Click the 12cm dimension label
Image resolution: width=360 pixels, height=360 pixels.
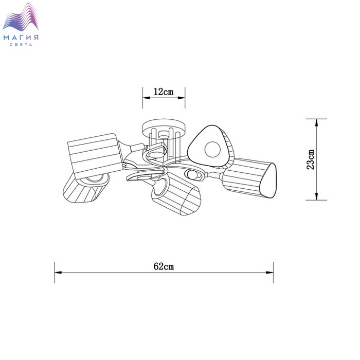[164, 92]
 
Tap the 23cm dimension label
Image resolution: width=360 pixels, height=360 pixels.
[311, 159]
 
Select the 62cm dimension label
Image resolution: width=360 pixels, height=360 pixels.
[164, 266]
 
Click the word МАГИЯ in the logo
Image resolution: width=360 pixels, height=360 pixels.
[21, 38]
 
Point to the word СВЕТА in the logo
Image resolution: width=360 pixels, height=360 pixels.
[21, 45]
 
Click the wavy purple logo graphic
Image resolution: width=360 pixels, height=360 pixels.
[21, 17]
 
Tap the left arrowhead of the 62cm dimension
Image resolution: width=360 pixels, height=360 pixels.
[58, 273]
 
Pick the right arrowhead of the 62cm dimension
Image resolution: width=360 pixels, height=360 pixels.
[269, 273]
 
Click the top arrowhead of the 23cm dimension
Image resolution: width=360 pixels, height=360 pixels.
[316, 122]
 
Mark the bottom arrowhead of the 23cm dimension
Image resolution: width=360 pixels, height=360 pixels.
[316, 196]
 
